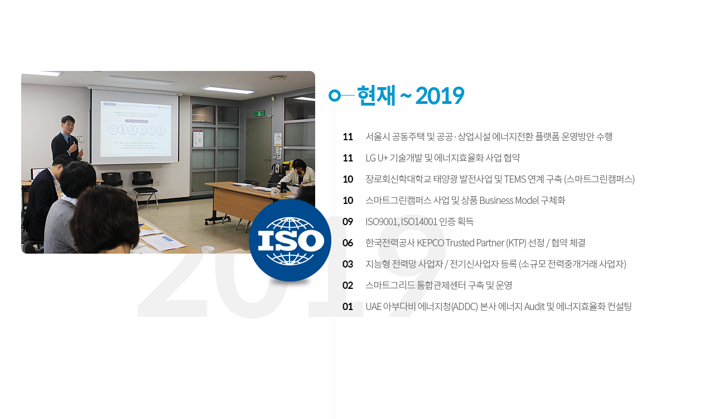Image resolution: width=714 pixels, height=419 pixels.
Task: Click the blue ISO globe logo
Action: pyautogui.click(x=290, y=240)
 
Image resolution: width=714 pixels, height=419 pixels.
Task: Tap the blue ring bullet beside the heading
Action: pyautogui.click(x=335, y=95)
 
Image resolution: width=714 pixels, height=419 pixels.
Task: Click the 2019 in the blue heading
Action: pyautogui.click(x=440, y=96)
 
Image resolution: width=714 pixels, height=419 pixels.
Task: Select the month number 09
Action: pyautogui.click(x=348, y=222)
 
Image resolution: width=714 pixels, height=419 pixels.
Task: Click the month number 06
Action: pyautogui.click(x=348, y=243)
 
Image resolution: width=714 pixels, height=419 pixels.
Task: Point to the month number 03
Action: pyautogui.click(x=348, y=264)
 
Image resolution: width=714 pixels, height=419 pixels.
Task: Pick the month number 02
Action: pyautogui.click(x=348, y=285)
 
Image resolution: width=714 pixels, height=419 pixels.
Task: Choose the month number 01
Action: pyautogui.click(x=348, y=307)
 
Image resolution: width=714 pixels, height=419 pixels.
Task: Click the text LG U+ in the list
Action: pyautogui.click(x=377, y=158)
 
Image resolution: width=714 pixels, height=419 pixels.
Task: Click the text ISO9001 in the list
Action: pyautogui.click(x=382, y=222)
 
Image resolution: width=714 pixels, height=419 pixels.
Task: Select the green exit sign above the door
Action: pyautogui.click(x=259, y=113)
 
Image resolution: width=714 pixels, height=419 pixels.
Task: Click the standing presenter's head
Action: pyautogui.click(x=68, y=125)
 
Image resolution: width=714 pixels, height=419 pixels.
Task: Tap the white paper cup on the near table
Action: pyautogui.click(x=208, y=249)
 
